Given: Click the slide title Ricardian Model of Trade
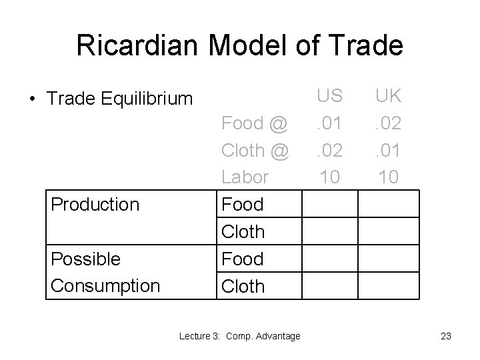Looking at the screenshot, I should coord(239,45).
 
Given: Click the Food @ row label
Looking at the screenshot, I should coord(254,123).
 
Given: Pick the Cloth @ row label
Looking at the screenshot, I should coord(254,151).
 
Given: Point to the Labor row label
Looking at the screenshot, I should coord(245,177).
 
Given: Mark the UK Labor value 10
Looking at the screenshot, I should coord(387,177).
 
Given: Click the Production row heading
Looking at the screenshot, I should coord(95,204).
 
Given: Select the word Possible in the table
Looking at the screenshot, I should coord(86,259).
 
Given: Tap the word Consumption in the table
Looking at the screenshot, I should coord(105,286).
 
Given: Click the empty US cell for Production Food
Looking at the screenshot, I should coord(329,205).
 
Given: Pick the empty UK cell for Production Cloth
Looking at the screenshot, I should coord(388,232).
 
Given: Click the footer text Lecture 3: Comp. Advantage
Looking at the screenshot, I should coord(240,336).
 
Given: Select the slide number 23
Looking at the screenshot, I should coord(445,336).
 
